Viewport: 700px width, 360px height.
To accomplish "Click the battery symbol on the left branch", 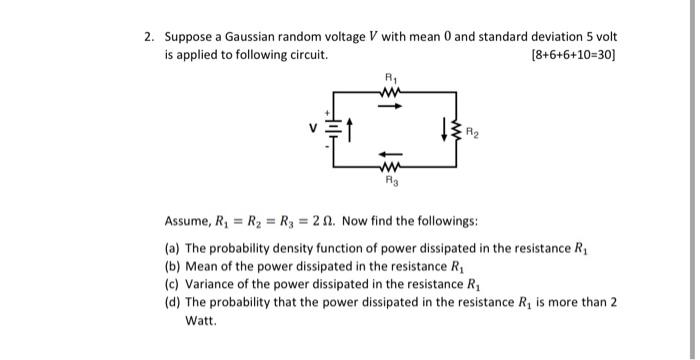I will (x=333, y=128).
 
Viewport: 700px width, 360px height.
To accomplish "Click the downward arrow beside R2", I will (x=446, y=128).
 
